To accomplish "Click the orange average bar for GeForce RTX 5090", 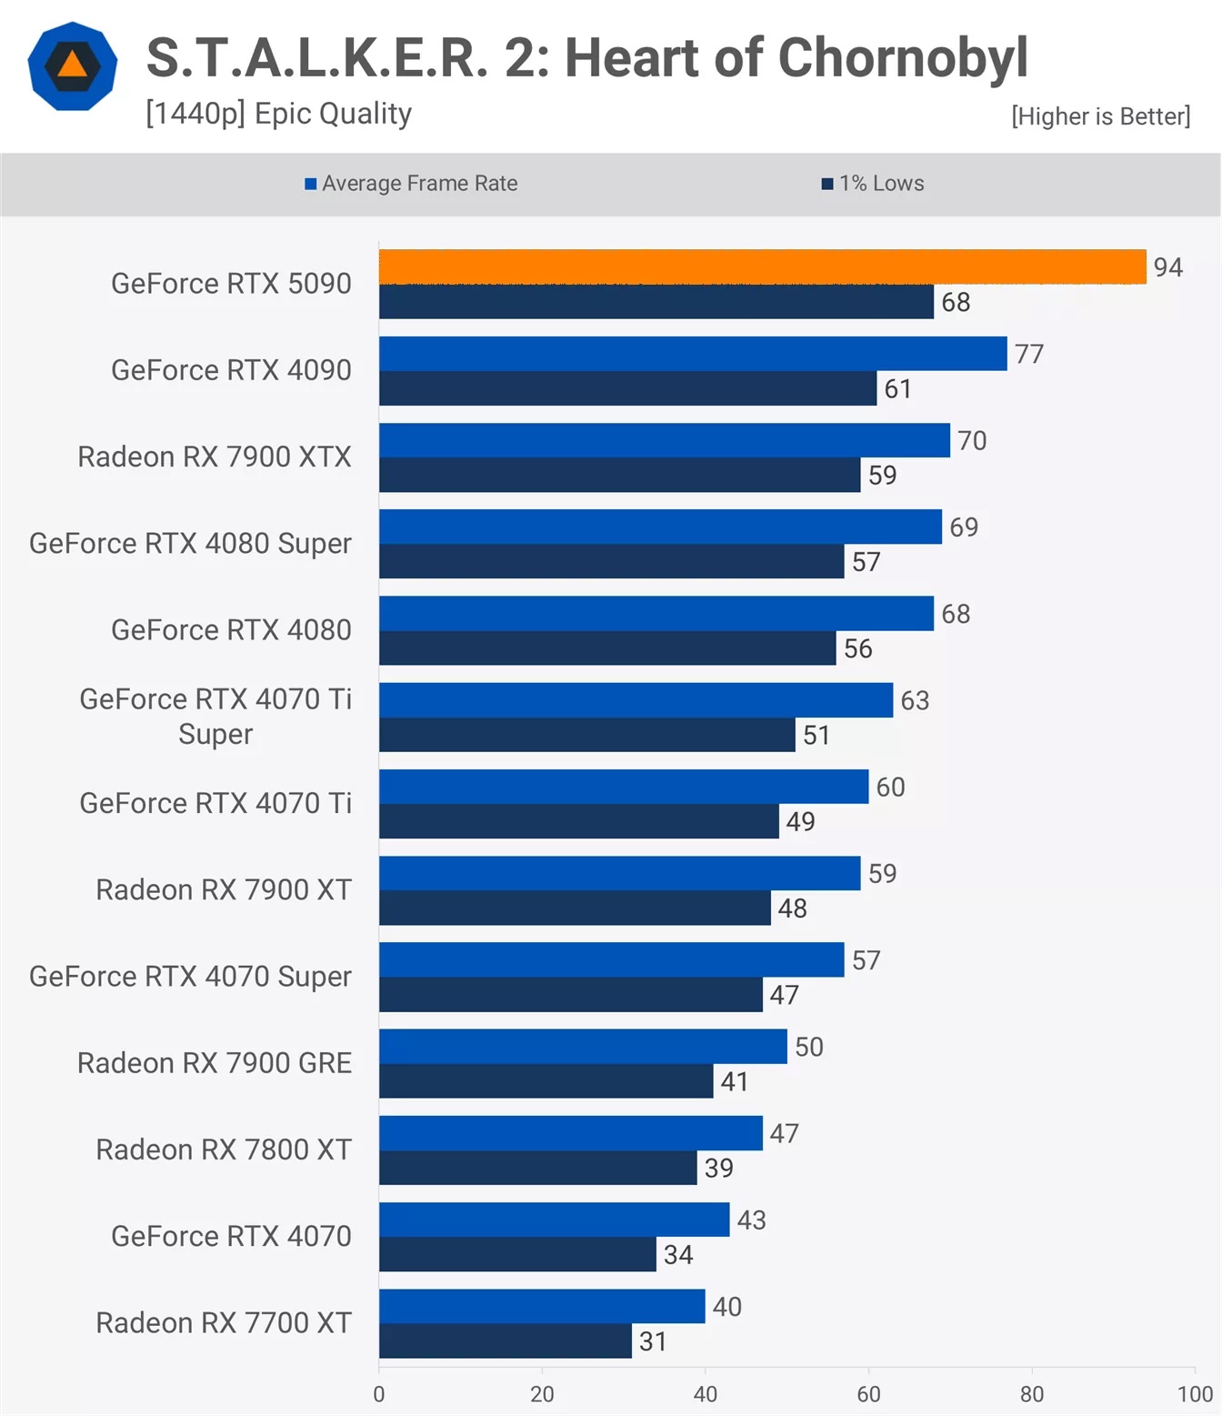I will point(762,266).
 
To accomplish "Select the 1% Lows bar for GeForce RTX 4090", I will point(627,388).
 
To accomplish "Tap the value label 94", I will point(1167,267).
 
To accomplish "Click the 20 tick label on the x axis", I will point(542,1394).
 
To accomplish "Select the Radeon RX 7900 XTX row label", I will point(215,457).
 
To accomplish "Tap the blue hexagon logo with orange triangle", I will point(73,66).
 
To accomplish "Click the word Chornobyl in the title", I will point(902,58).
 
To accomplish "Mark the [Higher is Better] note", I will point(1100,116).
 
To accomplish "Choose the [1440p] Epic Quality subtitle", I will point(278,114).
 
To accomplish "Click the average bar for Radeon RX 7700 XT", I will point(542,1306).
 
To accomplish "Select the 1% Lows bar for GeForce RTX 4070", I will point(517,1255).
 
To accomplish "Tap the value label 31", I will point(653,1341).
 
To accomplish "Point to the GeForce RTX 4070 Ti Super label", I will point(215,717).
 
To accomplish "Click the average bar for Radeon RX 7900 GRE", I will point(583,1046).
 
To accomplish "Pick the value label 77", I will point(1029,354).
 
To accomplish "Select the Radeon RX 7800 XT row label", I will point(224,1150).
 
